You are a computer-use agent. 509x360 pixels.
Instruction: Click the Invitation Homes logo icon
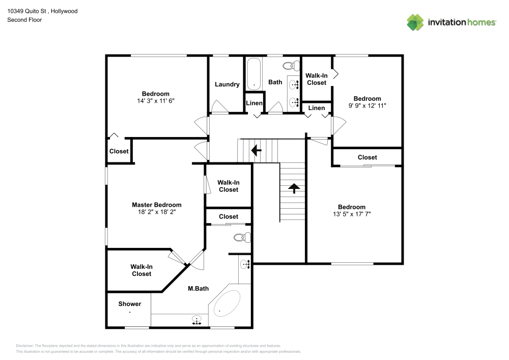415,22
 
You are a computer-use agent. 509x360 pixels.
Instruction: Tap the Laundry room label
227,85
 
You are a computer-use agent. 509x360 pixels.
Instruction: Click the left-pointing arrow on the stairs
257,150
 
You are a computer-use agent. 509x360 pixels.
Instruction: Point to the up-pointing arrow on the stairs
294,188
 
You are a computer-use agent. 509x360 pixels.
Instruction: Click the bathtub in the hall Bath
253,74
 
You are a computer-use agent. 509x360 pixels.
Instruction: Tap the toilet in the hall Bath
290,66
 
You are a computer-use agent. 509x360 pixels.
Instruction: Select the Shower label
130,304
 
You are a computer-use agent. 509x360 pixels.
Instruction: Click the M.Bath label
198,289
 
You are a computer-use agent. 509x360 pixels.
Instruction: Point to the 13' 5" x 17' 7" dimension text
352,214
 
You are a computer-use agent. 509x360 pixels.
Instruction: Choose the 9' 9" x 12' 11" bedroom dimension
367,106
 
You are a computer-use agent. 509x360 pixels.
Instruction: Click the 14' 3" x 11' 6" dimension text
155,101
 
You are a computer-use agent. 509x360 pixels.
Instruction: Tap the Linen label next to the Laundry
254,103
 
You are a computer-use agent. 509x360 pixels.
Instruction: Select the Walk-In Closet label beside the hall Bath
316,79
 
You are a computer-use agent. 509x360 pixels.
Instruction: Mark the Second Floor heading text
24,20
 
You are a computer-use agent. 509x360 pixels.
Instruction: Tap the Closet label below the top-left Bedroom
119,151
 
